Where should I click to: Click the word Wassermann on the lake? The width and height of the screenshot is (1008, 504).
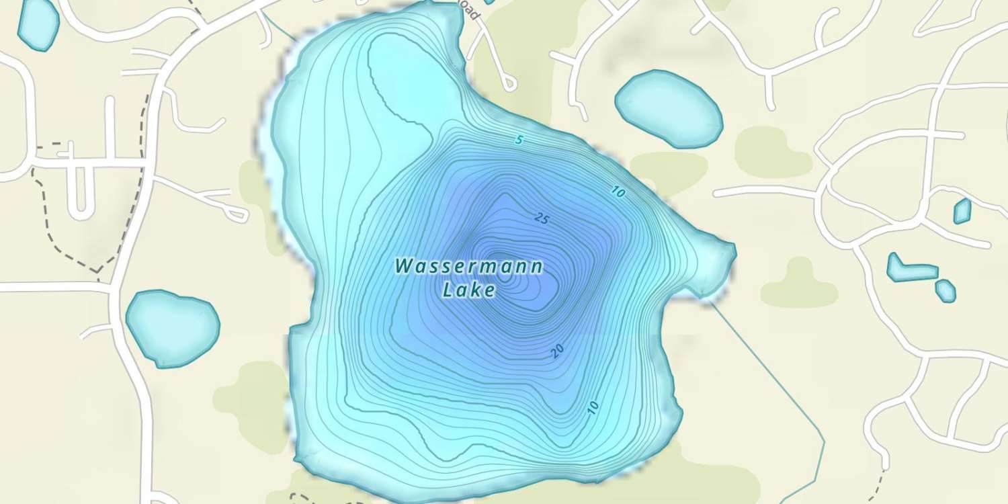click(x=468, y=267)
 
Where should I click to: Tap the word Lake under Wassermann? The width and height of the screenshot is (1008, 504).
click(x=470, y=290)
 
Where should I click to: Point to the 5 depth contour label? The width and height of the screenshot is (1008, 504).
click(x=518, y=140)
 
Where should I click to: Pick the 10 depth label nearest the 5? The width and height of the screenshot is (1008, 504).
click(x=618, y=192)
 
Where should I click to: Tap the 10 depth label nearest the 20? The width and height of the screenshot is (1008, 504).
click(x=592, y=406)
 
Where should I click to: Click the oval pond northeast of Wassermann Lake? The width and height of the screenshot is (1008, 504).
click(x=668, y=109)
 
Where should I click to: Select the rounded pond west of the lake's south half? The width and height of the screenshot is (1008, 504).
click(x=173, y=327)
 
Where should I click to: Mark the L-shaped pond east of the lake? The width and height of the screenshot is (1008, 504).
click(x=911, y=269)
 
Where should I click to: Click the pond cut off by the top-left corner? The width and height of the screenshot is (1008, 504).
click(x=38, y=24)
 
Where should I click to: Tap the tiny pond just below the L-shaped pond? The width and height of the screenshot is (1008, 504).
click(x=946, y=290)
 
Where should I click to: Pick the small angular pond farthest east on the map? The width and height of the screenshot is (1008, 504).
click(x=962, y=211)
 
